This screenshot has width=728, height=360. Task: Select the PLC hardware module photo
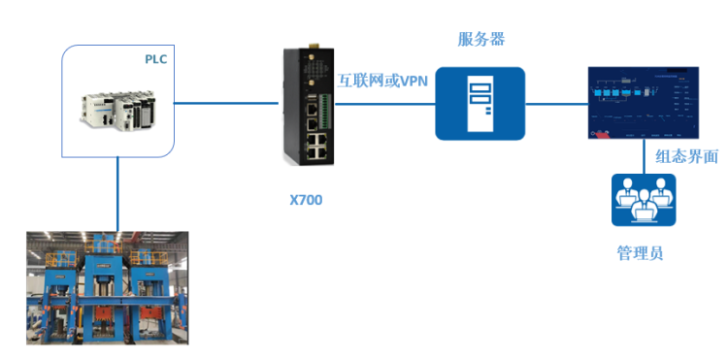(116, 109)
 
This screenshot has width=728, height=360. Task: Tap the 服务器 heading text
(481, 39)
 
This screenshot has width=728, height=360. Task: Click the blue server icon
(480, 104)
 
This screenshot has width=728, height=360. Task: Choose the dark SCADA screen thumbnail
(643, 103)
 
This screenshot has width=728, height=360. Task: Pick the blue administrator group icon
(643, 200)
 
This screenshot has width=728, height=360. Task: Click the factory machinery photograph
(107, 287)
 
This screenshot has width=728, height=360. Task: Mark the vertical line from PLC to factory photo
(118, 194)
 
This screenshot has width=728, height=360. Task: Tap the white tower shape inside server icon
(480, 104)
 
